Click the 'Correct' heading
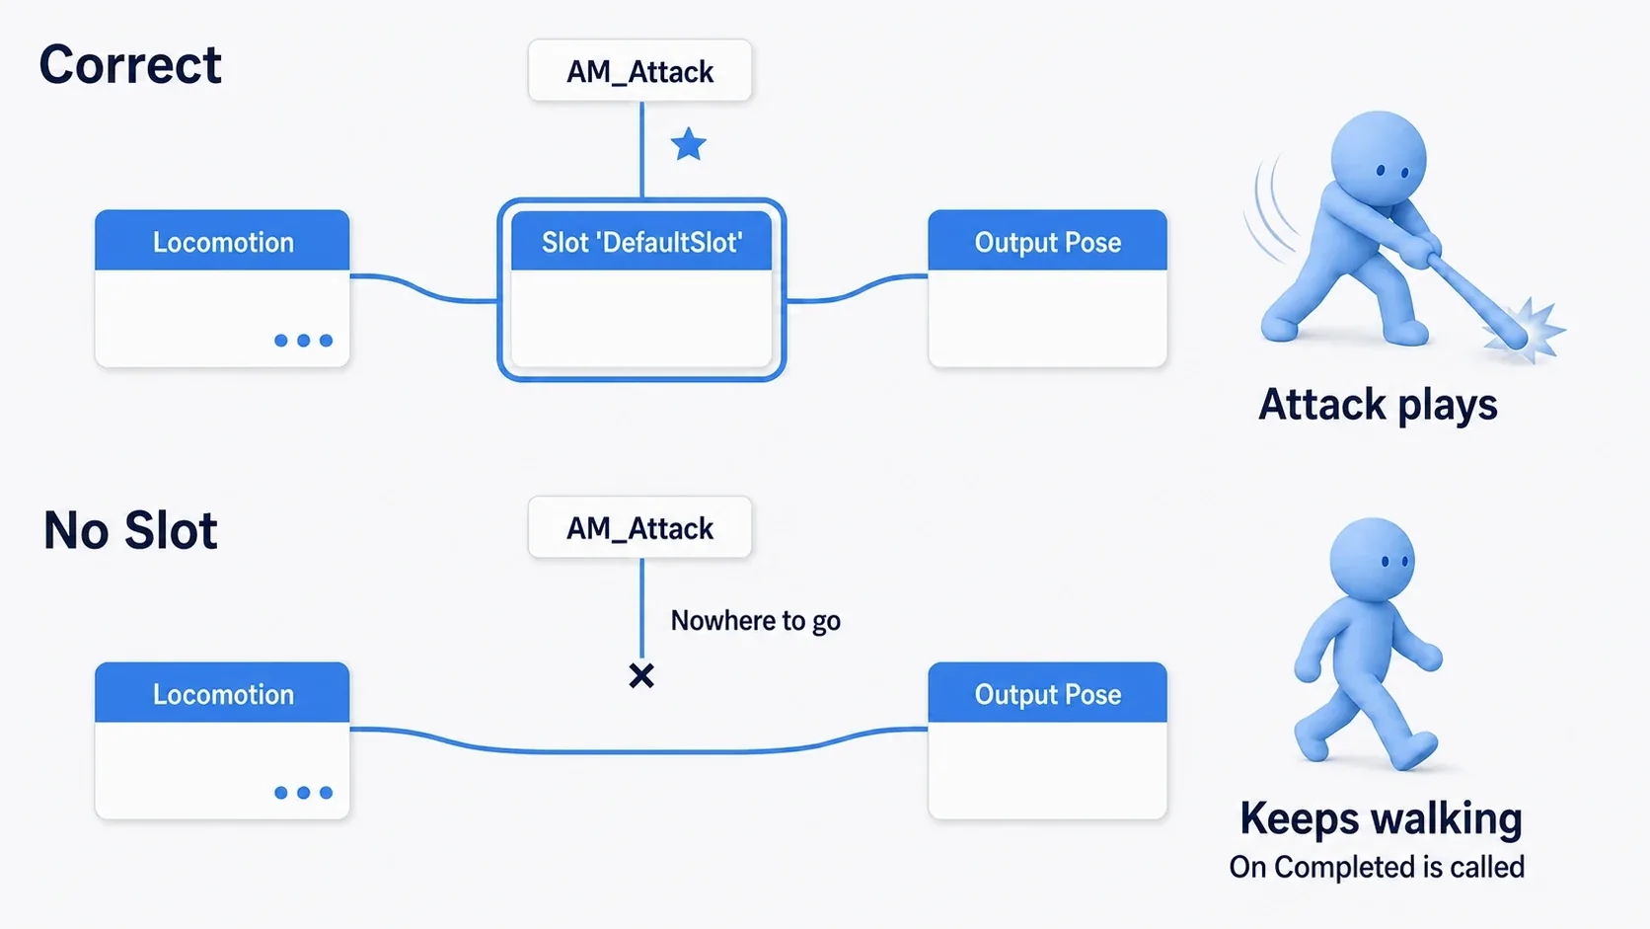pos(130,65)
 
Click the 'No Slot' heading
pos(130,530)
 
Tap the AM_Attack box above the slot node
pos(640,71)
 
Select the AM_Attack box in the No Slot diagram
pos(640,527)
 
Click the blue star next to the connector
pos(689,144)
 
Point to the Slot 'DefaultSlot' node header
pos(641,242)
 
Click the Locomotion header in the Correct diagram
pos(222,241)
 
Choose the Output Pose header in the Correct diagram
pos(1047,241)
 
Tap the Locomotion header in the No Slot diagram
pos(222,692)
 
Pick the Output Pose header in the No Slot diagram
pos(1047,692)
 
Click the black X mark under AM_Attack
pos(641,675)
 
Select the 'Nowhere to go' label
pos(756,621)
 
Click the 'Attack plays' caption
pos(1379,405)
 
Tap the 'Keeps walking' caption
pos(1382,817)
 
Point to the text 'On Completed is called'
pos(1377,867)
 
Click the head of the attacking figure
pos(1379,158)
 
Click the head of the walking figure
pos(1372,559)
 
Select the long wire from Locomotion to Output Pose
pos(638,750)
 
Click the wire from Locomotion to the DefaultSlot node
pos(424,289)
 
